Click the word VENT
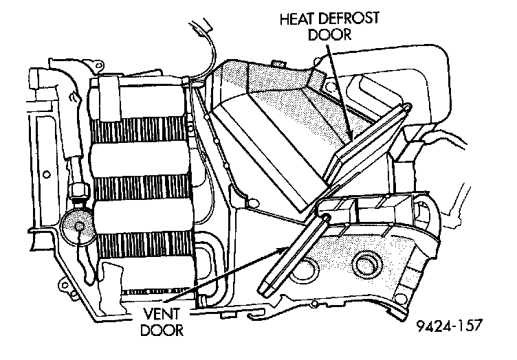tap(164, 314)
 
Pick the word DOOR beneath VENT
tap(164, 330)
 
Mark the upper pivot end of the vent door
tap(322, 218)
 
